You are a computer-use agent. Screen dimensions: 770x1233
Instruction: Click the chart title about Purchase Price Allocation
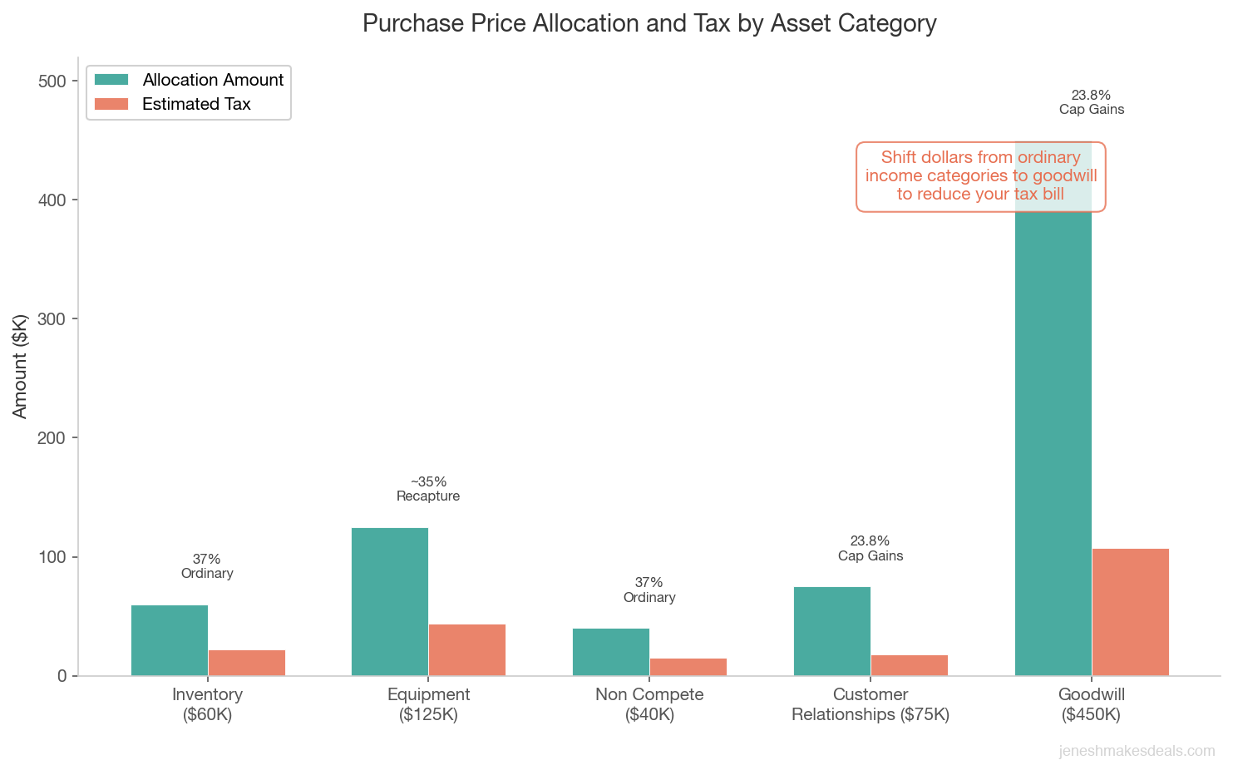[649, 23]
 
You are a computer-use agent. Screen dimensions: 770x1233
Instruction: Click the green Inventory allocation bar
[170, 640]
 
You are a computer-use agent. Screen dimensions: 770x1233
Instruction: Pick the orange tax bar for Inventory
[247, 663]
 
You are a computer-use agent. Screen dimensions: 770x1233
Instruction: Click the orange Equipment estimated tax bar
[467, 649]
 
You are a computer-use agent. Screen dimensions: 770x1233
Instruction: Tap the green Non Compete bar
[611, 652]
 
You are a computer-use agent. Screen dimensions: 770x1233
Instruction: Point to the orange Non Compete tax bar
[688, 667]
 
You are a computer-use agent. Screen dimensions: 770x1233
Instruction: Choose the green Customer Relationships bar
[832, 631]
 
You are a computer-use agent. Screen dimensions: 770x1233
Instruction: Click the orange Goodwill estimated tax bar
[1130, 612]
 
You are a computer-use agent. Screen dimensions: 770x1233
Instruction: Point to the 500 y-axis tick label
[51, 81]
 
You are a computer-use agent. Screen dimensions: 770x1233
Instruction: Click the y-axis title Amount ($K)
[21, 366]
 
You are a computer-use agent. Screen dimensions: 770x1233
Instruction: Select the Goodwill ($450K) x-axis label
[1092, 704]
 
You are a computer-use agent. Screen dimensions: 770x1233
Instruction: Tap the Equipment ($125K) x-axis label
[428, 704]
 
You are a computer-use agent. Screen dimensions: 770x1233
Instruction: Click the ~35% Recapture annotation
[428, 489]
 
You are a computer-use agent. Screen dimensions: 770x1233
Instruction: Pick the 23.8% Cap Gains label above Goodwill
[1091, 102]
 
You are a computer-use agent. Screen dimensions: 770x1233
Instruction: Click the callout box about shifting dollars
[981, 176]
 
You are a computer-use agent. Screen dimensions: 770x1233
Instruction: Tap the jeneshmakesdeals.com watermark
[1137, 751]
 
